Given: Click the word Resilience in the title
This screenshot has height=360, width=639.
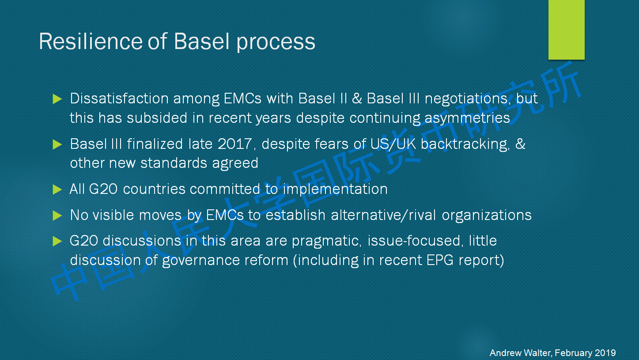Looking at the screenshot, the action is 91,42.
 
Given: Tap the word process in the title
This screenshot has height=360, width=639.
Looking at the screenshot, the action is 276,43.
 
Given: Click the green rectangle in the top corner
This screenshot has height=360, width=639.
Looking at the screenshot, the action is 566,30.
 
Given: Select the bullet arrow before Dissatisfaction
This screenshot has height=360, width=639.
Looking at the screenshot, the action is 57,99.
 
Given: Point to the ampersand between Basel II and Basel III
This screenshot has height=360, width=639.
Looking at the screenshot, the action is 357,99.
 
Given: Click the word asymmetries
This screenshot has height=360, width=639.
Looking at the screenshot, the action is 467,118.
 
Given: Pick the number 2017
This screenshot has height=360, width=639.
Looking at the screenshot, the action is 234,144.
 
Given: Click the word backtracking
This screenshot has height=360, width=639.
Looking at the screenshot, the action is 465,144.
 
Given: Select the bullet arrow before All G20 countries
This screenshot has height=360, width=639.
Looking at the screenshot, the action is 57,189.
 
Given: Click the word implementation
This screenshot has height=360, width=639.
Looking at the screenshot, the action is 335,189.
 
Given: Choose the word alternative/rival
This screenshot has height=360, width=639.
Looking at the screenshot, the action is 383,215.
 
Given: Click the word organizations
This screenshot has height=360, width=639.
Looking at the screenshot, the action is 487,216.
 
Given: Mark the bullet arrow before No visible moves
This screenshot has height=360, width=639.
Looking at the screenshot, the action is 57,216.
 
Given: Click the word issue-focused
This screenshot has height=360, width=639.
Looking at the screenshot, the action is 414,241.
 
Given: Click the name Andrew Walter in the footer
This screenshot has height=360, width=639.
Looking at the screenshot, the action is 521,353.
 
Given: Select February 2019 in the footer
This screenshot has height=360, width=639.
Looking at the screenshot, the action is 585,353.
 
